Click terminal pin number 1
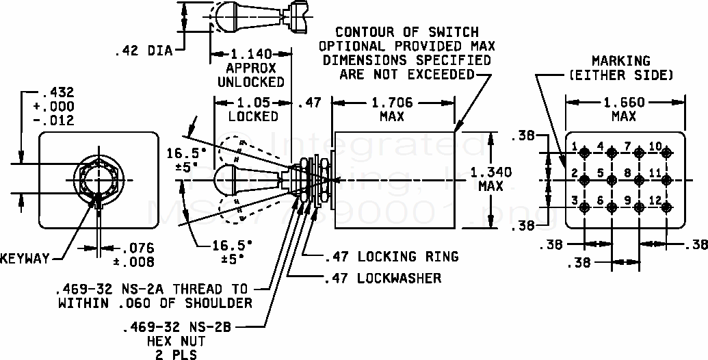tap(584, 153)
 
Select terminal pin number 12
tap(666, 207)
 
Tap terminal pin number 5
tap(611, 180)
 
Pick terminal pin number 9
tap(639, 207)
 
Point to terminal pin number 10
tap(666, 153)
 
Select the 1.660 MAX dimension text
tap(624, 109)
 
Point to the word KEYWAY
tap(25, 259)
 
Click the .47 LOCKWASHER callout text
tap(382, 278)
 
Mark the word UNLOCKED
tap(251, 81)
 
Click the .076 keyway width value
tap(137, 248)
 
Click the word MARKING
tap(621, 61)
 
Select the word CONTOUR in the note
tap(365, 32)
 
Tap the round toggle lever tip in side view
tap(227, 180)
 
